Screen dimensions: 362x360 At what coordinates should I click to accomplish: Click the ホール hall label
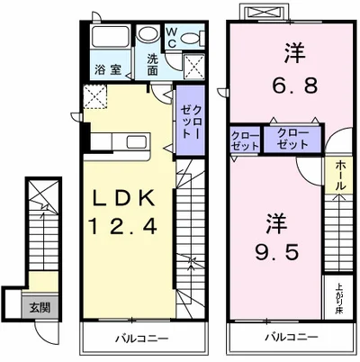[339, 174]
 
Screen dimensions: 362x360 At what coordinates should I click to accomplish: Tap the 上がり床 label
[338, 298]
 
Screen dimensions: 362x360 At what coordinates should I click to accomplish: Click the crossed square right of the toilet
[193, 65]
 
